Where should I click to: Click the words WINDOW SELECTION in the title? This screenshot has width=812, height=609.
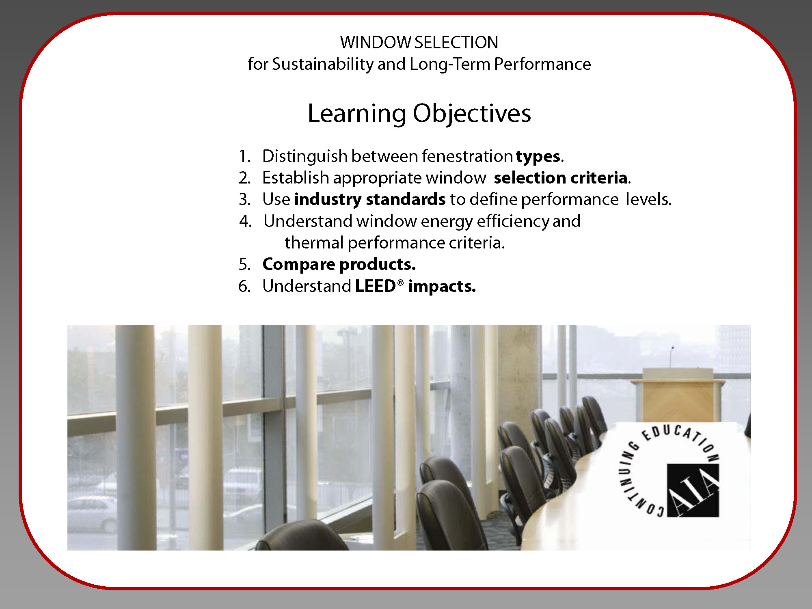pyautogui.click(x=419, y=42)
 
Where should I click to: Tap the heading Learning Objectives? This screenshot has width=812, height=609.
pyautogui.click(x=419, y=113)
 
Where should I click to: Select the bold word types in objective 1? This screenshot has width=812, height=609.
pyautogui.click(x=538, y=157)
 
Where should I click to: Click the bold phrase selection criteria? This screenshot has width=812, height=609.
pyautogui.click(x=561, y=178)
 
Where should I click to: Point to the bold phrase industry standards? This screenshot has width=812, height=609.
pyautogui.click(x=370, y=199)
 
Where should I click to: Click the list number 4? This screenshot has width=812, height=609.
pyautogui.click(x=245, y=221)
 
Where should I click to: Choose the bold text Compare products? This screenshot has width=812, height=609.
pyautogui.click(x=339, y=265)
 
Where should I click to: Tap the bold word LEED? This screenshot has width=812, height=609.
pyautogui.click(x=376, y=286)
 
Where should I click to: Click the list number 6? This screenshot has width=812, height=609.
pyautogui.click(x=244, y=286)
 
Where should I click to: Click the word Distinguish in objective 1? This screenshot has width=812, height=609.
pyautogui.click(x=305, y=157)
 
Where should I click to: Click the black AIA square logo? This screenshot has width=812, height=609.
pyautogui.click(x=693, y=490)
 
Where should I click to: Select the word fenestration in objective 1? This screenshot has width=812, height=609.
pyautogui.click(x=467, y=157)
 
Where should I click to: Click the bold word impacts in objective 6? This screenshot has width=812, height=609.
pyautogui.click(x=442, y=287)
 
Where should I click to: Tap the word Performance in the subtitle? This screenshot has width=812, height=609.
pyautogui.click(x=542, y=64)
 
